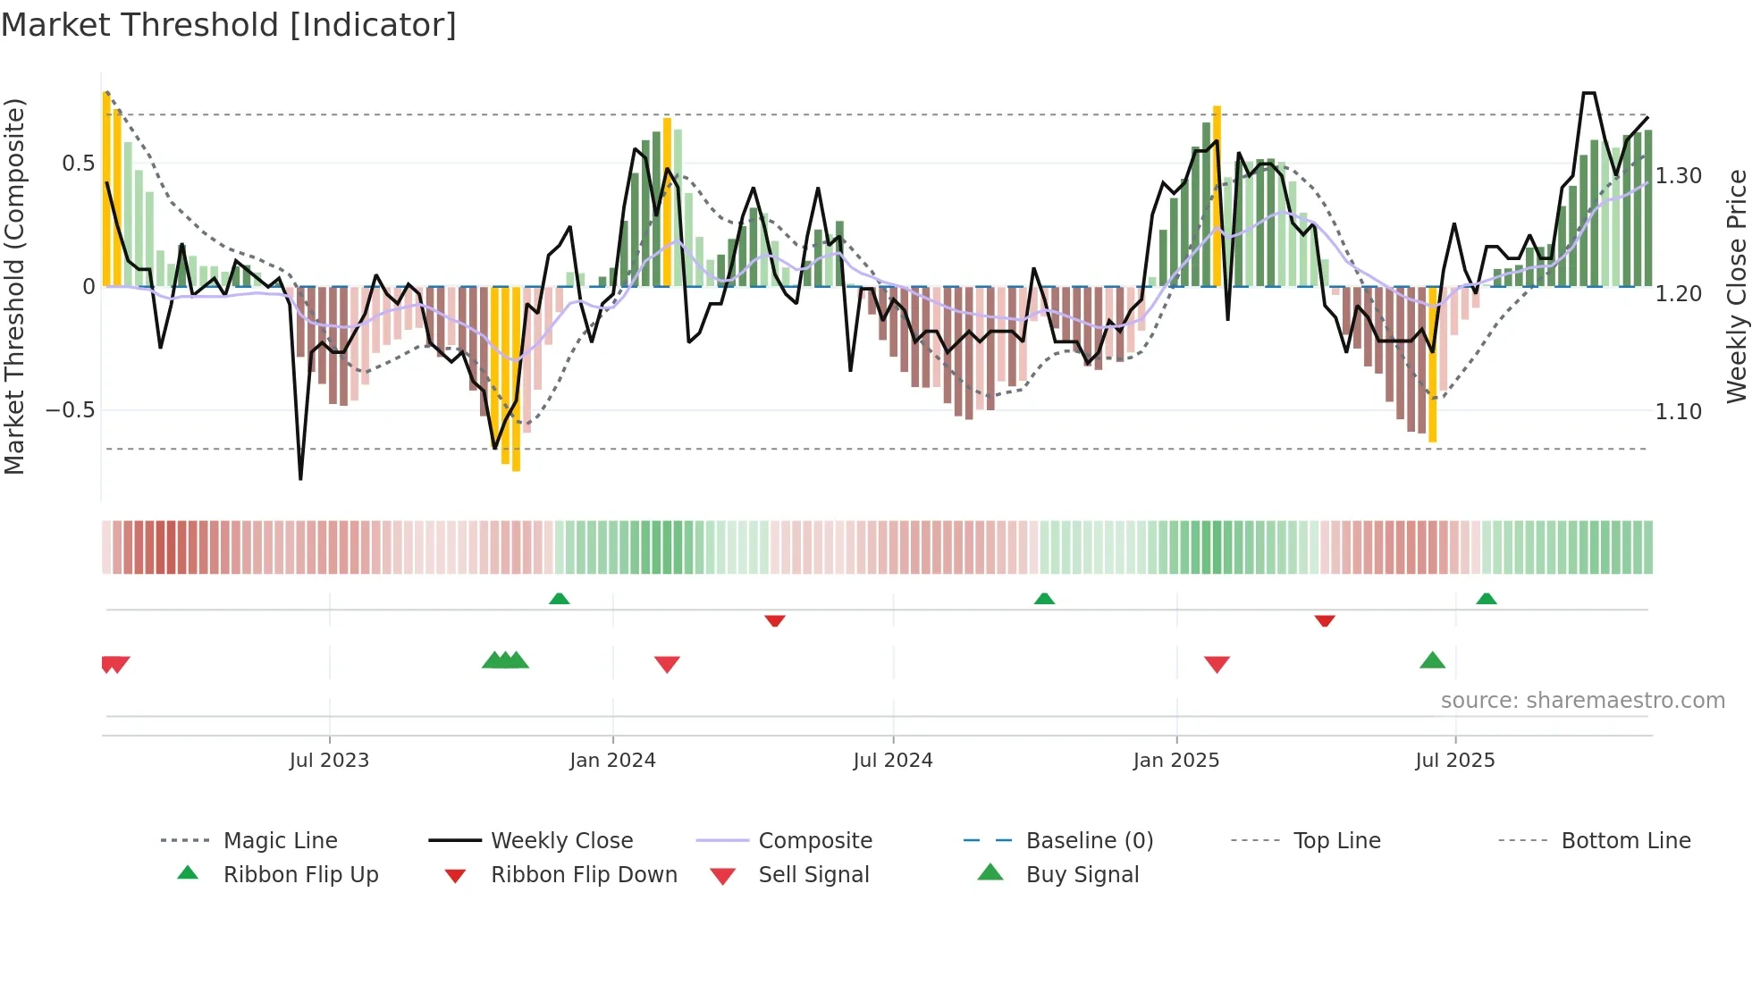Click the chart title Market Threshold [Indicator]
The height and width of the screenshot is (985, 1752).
click(229, 25)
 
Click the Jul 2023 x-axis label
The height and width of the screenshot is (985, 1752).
click(329, 761)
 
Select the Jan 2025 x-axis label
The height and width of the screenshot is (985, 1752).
click(1175, 761)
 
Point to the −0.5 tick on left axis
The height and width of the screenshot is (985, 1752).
click(70, 410)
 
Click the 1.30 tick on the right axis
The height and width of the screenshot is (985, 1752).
click(1678, 176)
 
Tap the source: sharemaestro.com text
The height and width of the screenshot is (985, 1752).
click(1582, 701)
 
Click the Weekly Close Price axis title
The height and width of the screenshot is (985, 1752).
click(1736, 286)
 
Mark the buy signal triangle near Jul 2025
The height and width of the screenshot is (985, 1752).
click(1432, 661)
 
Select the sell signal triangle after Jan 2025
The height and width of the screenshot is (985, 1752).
click(1217, 664)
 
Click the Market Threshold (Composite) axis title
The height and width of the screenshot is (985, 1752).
click(14, 286)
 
